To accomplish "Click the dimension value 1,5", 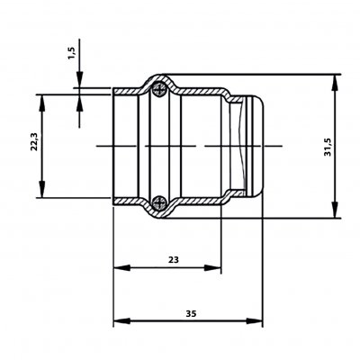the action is coord(72,53).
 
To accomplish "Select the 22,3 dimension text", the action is coord(34,141).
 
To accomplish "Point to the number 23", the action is coord(173,259).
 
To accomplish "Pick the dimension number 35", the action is coord(191,314).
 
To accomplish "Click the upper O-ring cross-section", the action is coord(158,89).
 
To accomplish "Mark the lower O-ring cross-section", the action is coord(158,203).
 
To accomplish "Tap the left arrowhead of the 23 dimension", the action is coord(121,267).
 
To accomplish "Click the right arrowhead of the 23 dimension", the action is coord(212,267).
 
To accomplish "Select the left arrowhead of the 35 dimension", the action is coord(121,321).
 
